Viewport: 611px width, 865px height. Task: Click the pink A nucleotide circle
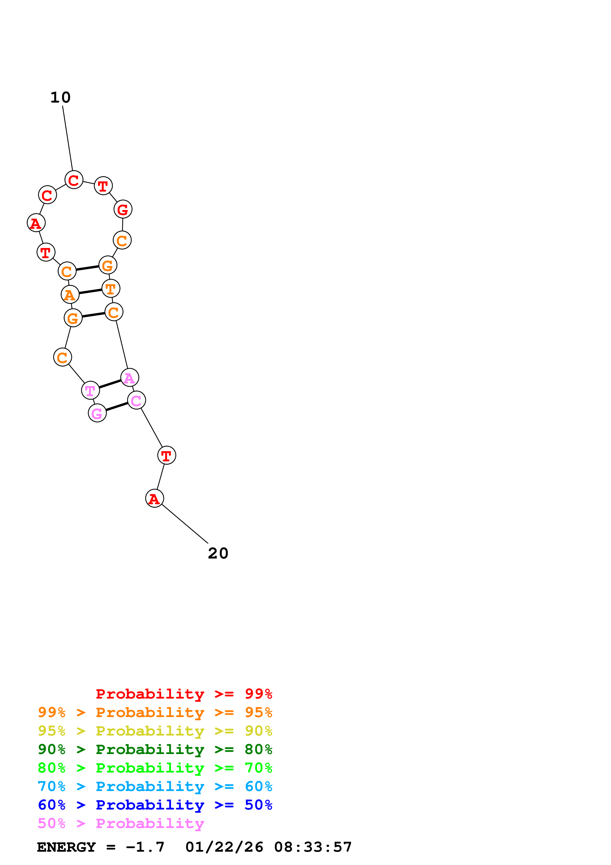pos(129,378)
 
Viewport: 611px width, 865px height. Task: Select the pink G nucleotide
pos(97,413)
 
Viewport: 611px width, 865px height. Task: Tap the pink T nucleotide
pos(90,390)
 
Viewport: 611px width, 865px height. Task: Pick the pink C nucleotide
pos(136,400)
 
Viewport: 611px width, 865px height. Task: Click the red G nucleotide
pos(123,209)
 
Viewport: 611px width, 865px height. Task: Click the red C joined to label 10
pos(74,180)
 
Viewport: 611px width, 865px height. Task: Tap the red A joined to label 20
pos(154,498)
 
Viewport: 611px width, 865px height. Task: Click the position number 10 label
pos(60,98)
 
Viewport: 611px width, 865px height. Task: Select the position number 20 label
pos(218,553)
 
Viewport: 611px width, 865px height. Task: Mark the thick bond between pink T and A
pos(110,384)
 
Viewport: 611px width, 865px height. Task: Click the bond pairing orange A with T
pos(90,292)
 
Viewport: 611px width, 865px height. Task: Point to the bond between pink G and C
pos(117,407)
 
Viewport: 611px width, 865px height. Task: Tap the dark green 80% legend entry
pos(155,749)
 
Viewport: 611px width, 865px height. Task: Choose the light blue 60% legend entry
pos(155,786)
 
